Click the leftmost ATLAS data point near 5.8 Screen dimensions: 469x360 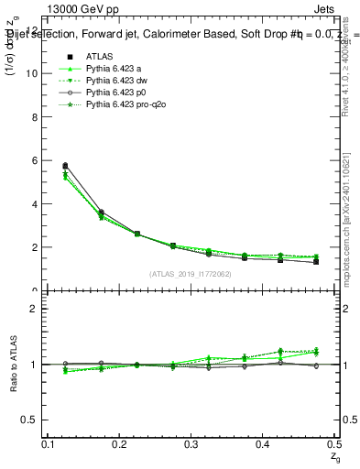click(65, 166)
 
